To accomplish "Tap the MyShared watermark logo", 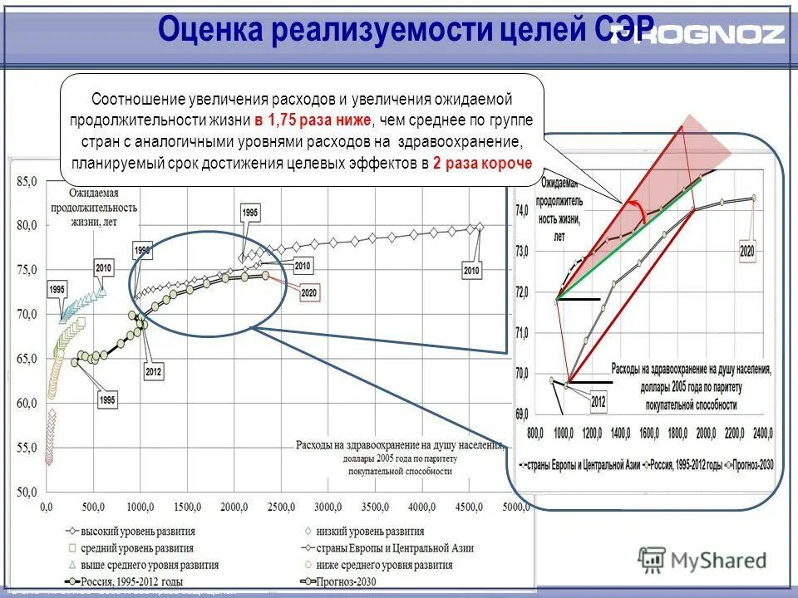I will click(x=702, y=560).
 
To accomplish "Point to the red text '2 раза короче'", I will click(x=481, y=164).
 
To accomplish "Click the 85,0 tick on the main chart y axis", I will click(x=27, y=181).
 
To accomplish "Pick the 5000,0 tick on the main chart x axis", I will click(x=515, y=507).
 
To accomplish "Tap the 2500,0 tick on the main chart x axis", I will click(x=281, y=507).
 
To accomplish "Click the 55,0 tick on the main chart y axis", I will click(x=27, y=448).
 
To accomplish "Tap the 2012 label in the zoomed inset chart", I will click(x=598, y=402).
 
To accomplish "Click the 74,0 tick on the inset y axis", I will click(x=521, y=211).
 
